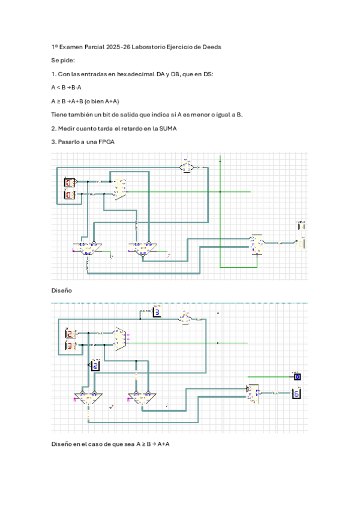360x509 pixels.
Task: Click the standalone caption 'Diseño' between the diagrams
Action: pyautogui.click(x=62, y=290)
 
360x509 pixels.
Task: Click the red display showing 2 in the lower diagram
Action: pyautogui.click(x=70, y=334)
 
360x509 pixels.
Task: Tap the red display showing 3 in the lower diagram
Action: pyautogui.click(x=70, y=346)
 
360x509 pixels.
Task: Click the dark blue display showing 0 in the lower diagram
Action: pyautogui.click(x=296, y=377)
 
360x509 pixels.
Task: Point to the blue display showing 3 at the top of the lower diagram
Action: pyautogui.click(x=156, y=312)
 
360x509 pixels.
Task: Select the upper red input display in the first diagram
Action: pyautogui.click(x=70, y=182)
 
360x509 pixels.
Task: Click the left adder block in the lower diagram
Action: pyautogui.click(x=88, y=397)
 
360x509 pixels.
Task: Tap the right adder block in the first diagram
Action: pyautogui.click(x=142, y=246)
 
